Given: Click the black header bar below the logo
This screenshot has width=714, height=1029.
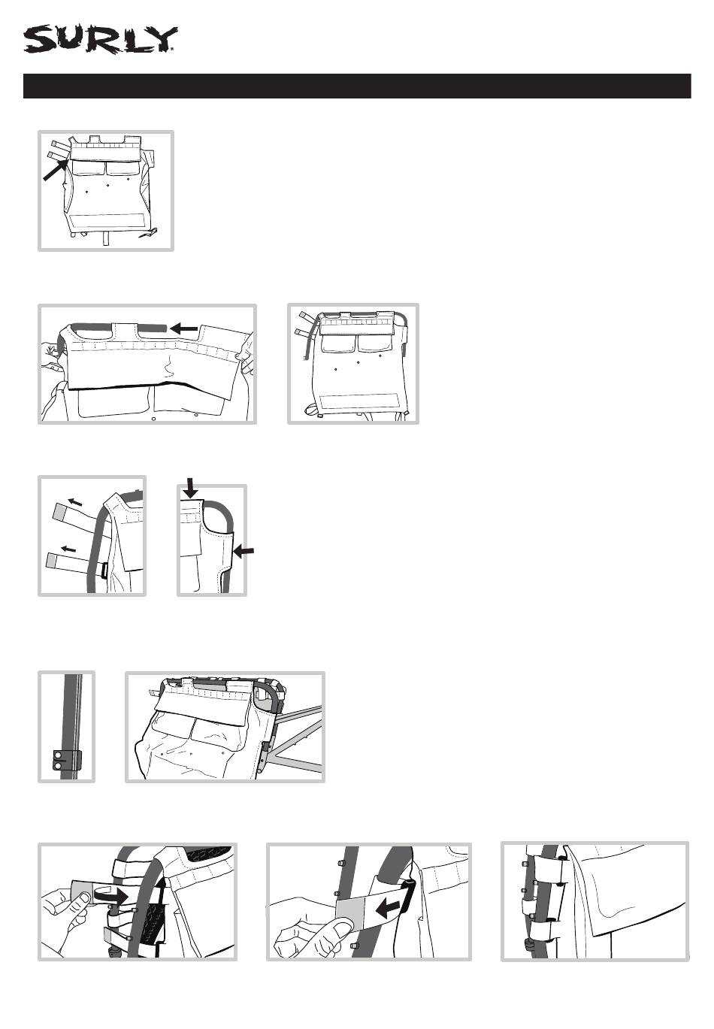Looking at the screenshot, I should [357, 86].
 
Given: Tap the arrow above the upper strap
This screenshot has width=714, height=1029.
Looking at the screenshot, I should [74, 501].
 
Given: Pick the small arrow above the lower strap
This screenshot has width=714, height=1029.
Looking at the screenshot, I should [68, 547].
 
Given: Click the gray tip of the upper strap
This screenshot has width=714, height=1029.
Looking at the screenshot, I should [59, 514].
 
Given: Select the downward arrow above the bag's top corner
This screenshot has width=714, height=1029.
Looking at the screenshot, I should [192, 489].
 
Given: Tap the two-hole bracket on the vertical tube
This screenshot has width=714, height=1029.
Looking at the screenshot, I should [65, 760].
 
